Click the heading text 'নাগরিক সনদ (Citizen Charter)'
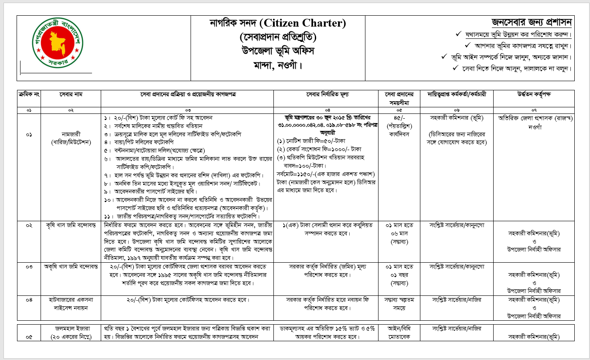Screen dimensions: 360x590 tap(278, 23)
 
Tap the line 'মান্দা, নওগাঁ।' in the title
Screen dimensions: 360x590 tap(278, 65)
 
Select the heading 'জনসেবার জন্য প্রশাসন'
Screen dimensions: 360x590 tap(531, 22)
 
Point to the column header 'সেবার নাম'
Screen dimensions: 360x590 tap(71, 95)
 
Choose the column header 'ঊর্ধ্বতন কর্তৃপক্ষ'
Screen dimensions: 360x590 tap(534, 95)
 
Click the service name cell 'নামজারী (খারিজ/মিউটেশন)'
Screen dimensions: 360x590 tap(71, 137)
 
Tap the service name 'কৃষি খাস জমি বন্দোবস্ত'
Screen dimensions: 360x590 tap(71, 226)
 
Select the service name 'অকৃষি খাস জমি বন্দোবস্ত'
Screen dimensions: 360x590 tap(71, 266)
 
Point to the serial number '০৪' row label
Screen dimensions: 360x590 tap(29, 300)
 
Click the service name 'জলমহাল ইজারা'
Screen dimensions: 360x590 tap(71, 329)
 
